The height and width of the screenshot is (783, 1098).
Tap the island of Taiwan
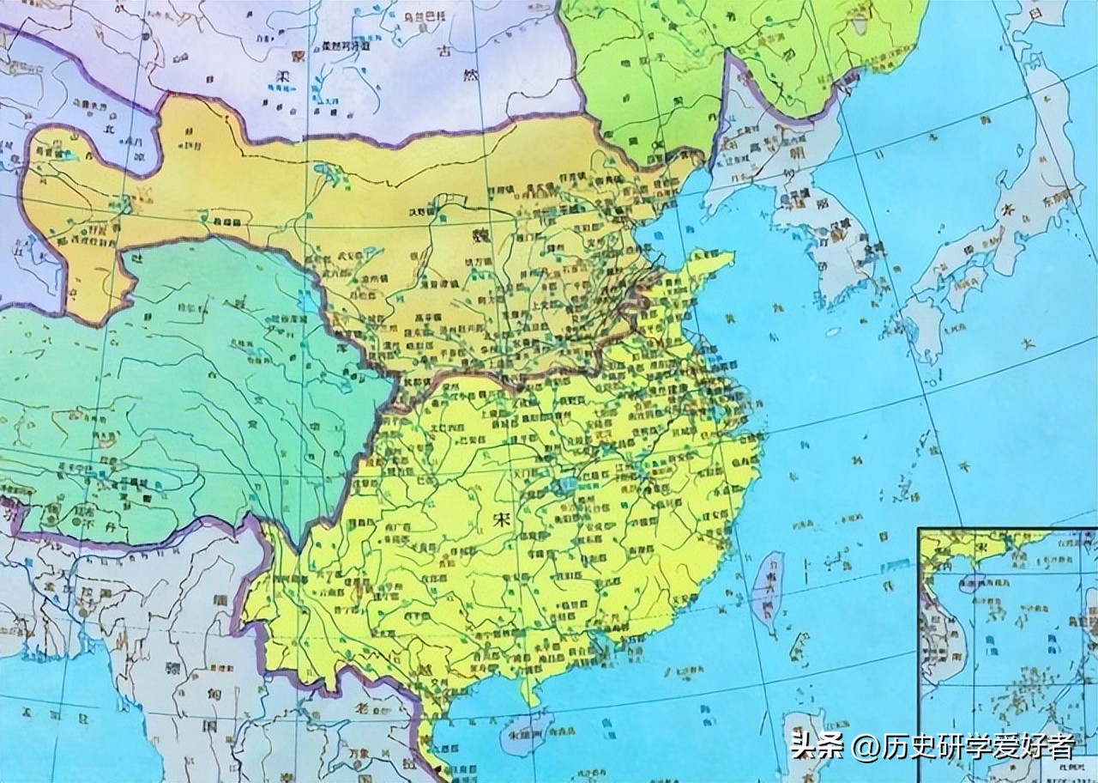point(767,592)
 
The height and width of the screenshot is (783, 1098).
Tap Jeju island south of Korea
point(831,331)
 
